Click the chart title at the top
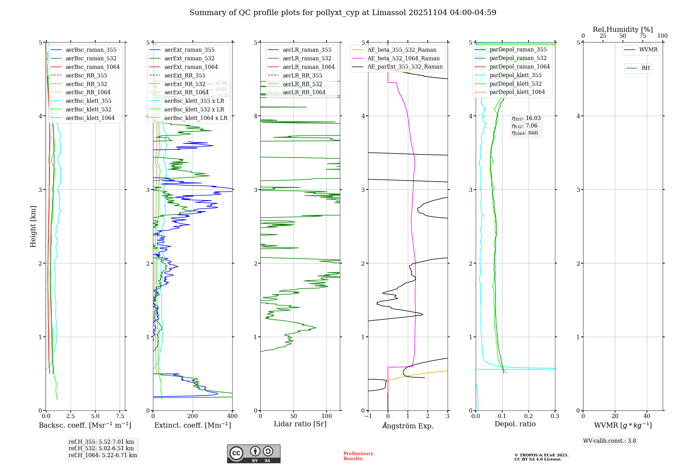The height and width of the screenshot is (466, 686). click(343, 13)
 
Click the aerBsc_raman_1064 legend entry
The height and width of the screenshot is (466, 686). click(93, 67)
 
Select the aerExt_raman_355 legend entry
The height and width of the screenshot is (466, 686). click(189, 50)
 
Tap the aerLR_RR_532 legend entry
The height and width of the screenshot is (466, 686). click(302, 84)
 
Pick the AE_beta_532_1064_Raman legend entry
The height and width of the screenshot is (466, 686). click(403, 59)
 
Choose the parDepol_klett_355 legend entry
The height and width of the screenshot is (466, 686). click(516, 75)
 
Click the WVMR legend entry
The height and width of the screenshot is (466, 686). click(648, 50)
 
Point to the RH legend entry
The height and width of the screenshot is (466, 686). click(646, 68)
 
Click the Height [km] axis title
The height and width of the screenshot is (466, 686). click(33, 226)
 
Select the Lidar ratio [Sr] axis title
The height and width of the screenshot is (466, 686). click(300, 424)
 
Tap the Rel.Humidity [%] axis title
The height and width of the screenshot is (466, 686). click(623, 29)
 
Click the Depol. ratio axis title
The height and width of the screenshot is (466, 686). click(515, 424)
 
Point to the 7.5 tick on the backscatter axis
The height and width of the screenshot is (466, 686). click(120, 416)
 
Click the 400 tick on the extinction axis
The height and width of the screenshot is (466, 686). click(232, 416)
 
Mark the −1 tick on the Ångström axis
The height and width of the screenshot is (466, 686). click(368, 416)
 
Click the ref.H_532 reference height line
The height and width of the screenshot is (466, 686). click(101, 448)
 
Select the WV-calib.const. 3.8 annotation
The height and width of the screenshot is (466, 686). click(610, 441)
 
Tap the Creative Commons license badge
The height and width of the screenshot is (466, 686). click(253, 454)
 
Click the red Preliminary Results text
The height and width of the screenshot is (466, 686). click(358, 456)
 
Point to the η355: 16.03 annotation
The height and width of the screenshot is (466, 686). click(526, 118)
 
